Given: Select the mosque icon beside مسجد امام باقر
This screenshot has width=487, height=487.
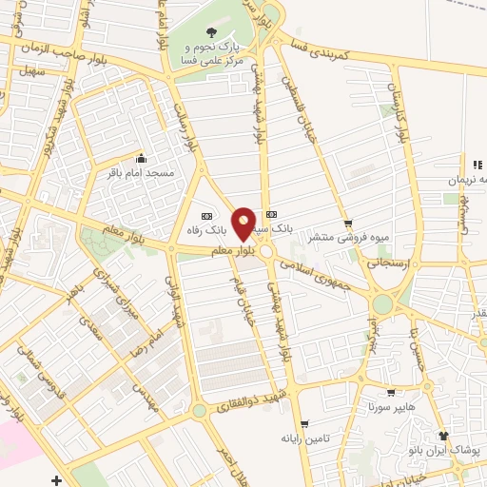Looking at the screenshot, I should (142, 159).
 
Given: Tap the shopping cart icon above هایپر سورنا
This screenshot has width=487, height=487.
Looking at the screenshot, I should (391, 391).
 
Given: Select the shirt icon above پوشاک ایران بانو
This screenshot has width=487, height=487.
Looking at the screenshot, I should (443, 435).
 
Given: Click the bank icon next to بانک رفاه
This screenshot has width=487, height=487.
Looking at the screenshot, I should (207, 214).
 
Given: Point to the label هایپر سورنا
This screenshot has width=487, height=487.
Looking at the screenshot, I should (391, 406).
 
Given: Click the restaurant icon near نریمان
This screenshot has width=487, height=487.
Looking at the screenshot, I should (477, 166).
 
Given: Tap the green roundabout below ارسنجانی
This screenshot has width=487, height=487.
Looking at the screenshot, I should (383, 305).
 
